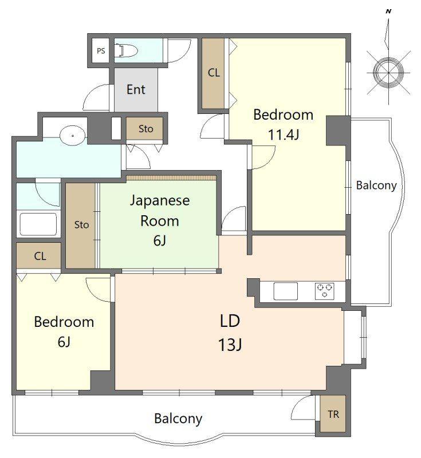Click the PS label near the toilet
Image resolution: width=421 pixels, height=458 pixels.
click(x=101, y=51)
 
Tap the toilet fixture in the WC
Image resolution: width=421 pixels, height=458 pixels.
click(x=127, y=51)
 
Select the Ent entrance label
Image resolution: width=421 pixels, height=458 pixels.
click(x=136, y=89)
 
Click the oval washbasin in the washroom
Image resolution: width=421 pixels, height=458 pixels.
click(x=72, y=135)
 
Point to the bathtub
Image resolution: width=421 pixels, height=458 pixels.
click(x=38, y=224)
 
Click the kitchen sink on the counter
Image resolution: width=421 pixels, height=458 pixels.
click(x=285, y=291)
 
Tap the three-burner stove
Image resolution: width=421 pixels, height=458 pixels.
click(x=325, y=291)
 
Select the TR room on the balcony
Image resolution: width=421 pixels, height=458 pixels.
click(x=333, y=413)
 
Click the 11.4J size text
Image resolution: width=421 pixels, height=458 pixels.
click(x=284, y=135)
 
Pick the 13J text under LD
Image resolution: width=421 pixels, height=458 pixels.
click(x=230, y=345)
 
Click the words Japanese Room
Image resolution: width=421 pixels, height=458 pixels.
click(x=160, y=210)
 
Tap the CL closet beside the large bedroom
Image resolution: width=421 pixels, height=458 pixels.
click(x=214, y=74)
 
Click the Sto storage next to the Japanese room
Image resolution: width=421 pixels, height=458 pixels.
click(x=81, y=225)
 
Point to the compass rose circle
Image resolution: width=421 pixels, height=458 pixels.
click(x=388, y=72)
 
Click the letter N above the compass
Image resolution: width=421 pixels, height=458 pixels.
click(x=388, y=11)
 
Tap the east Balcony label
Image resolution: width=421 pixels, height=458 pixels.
click(x=376, y=185)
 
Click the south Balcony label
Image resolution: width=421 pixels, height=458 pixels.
click(x=178, y=418)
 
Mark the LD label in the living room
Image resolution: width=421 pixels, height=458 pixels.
click(x=230, y=321)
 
